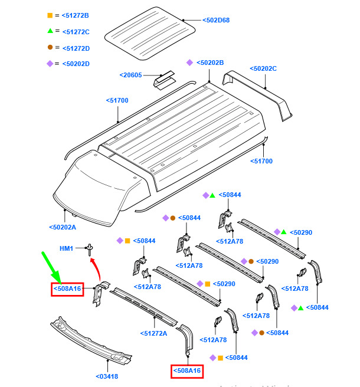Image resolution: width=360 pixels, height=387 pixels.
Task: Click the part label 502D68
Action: pos(216,20)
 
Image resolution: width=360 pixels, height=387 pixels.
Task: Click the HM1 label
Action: pos(66,248)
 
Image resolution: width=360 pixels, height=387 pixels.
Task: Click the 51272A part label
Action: pos(155,334)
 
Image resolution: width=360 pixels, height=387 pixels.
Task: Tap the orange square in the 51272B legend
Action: pos(50,15)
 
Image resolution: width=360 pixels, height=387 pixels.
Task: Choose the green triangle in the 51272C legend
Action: pos(50,31)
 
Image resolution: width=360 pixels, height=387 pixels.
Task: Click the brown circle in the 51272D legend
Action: pos(50,47)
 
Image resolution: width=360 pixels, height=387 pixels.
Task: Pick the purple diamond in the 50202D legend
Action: pos(50,64)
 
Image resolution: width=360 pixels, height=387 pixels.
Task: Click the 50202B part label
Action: pos(211,63)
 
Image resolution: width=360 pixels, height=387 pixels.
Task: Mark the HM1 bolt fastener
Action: pos(90,249)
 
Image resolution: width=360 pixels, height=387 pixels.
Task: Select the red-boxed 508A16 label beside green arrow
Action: pos(67,289)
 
